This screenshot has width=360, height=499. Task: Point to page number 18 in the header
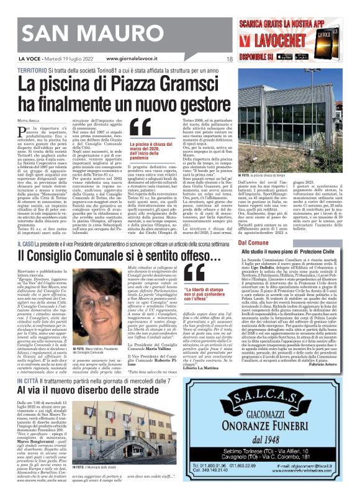[x=229, y=59]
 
